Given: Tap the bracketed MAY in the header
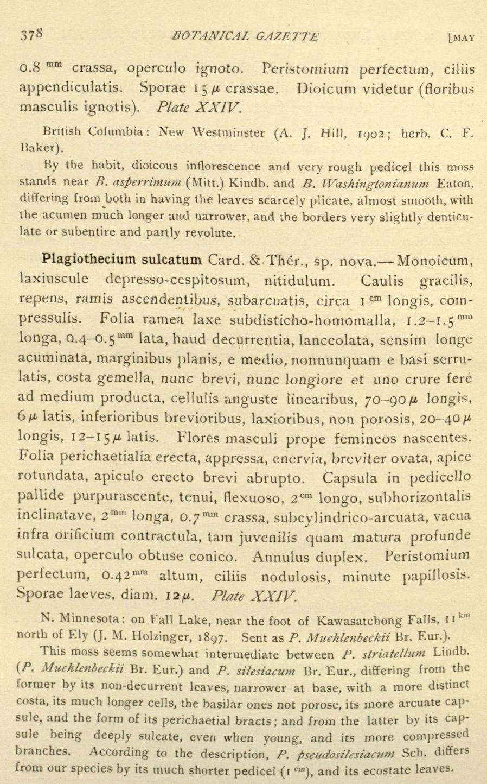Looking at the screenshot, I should tap(462, 37).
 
